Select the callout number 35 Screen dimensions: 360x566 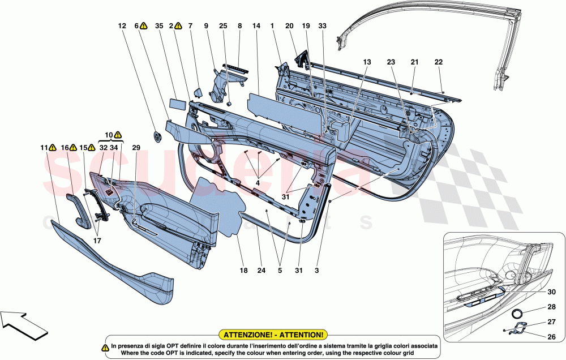[159, 25]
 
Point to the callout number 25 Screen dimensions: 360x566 [223, 25]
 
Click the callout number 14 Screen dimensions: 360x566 [256, 25]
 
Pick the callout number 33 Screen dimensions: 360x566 [322, 25]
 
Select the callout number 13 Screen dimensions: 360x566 [367, 62]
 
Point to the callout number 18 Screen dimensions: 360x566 [243, 271]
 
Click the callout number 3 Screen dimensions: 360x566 [317, 271]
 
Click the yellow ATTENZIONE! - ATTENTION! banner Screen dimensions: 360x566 [274, 335]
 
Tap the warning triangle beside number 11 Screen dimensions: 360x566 [52, 148]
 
